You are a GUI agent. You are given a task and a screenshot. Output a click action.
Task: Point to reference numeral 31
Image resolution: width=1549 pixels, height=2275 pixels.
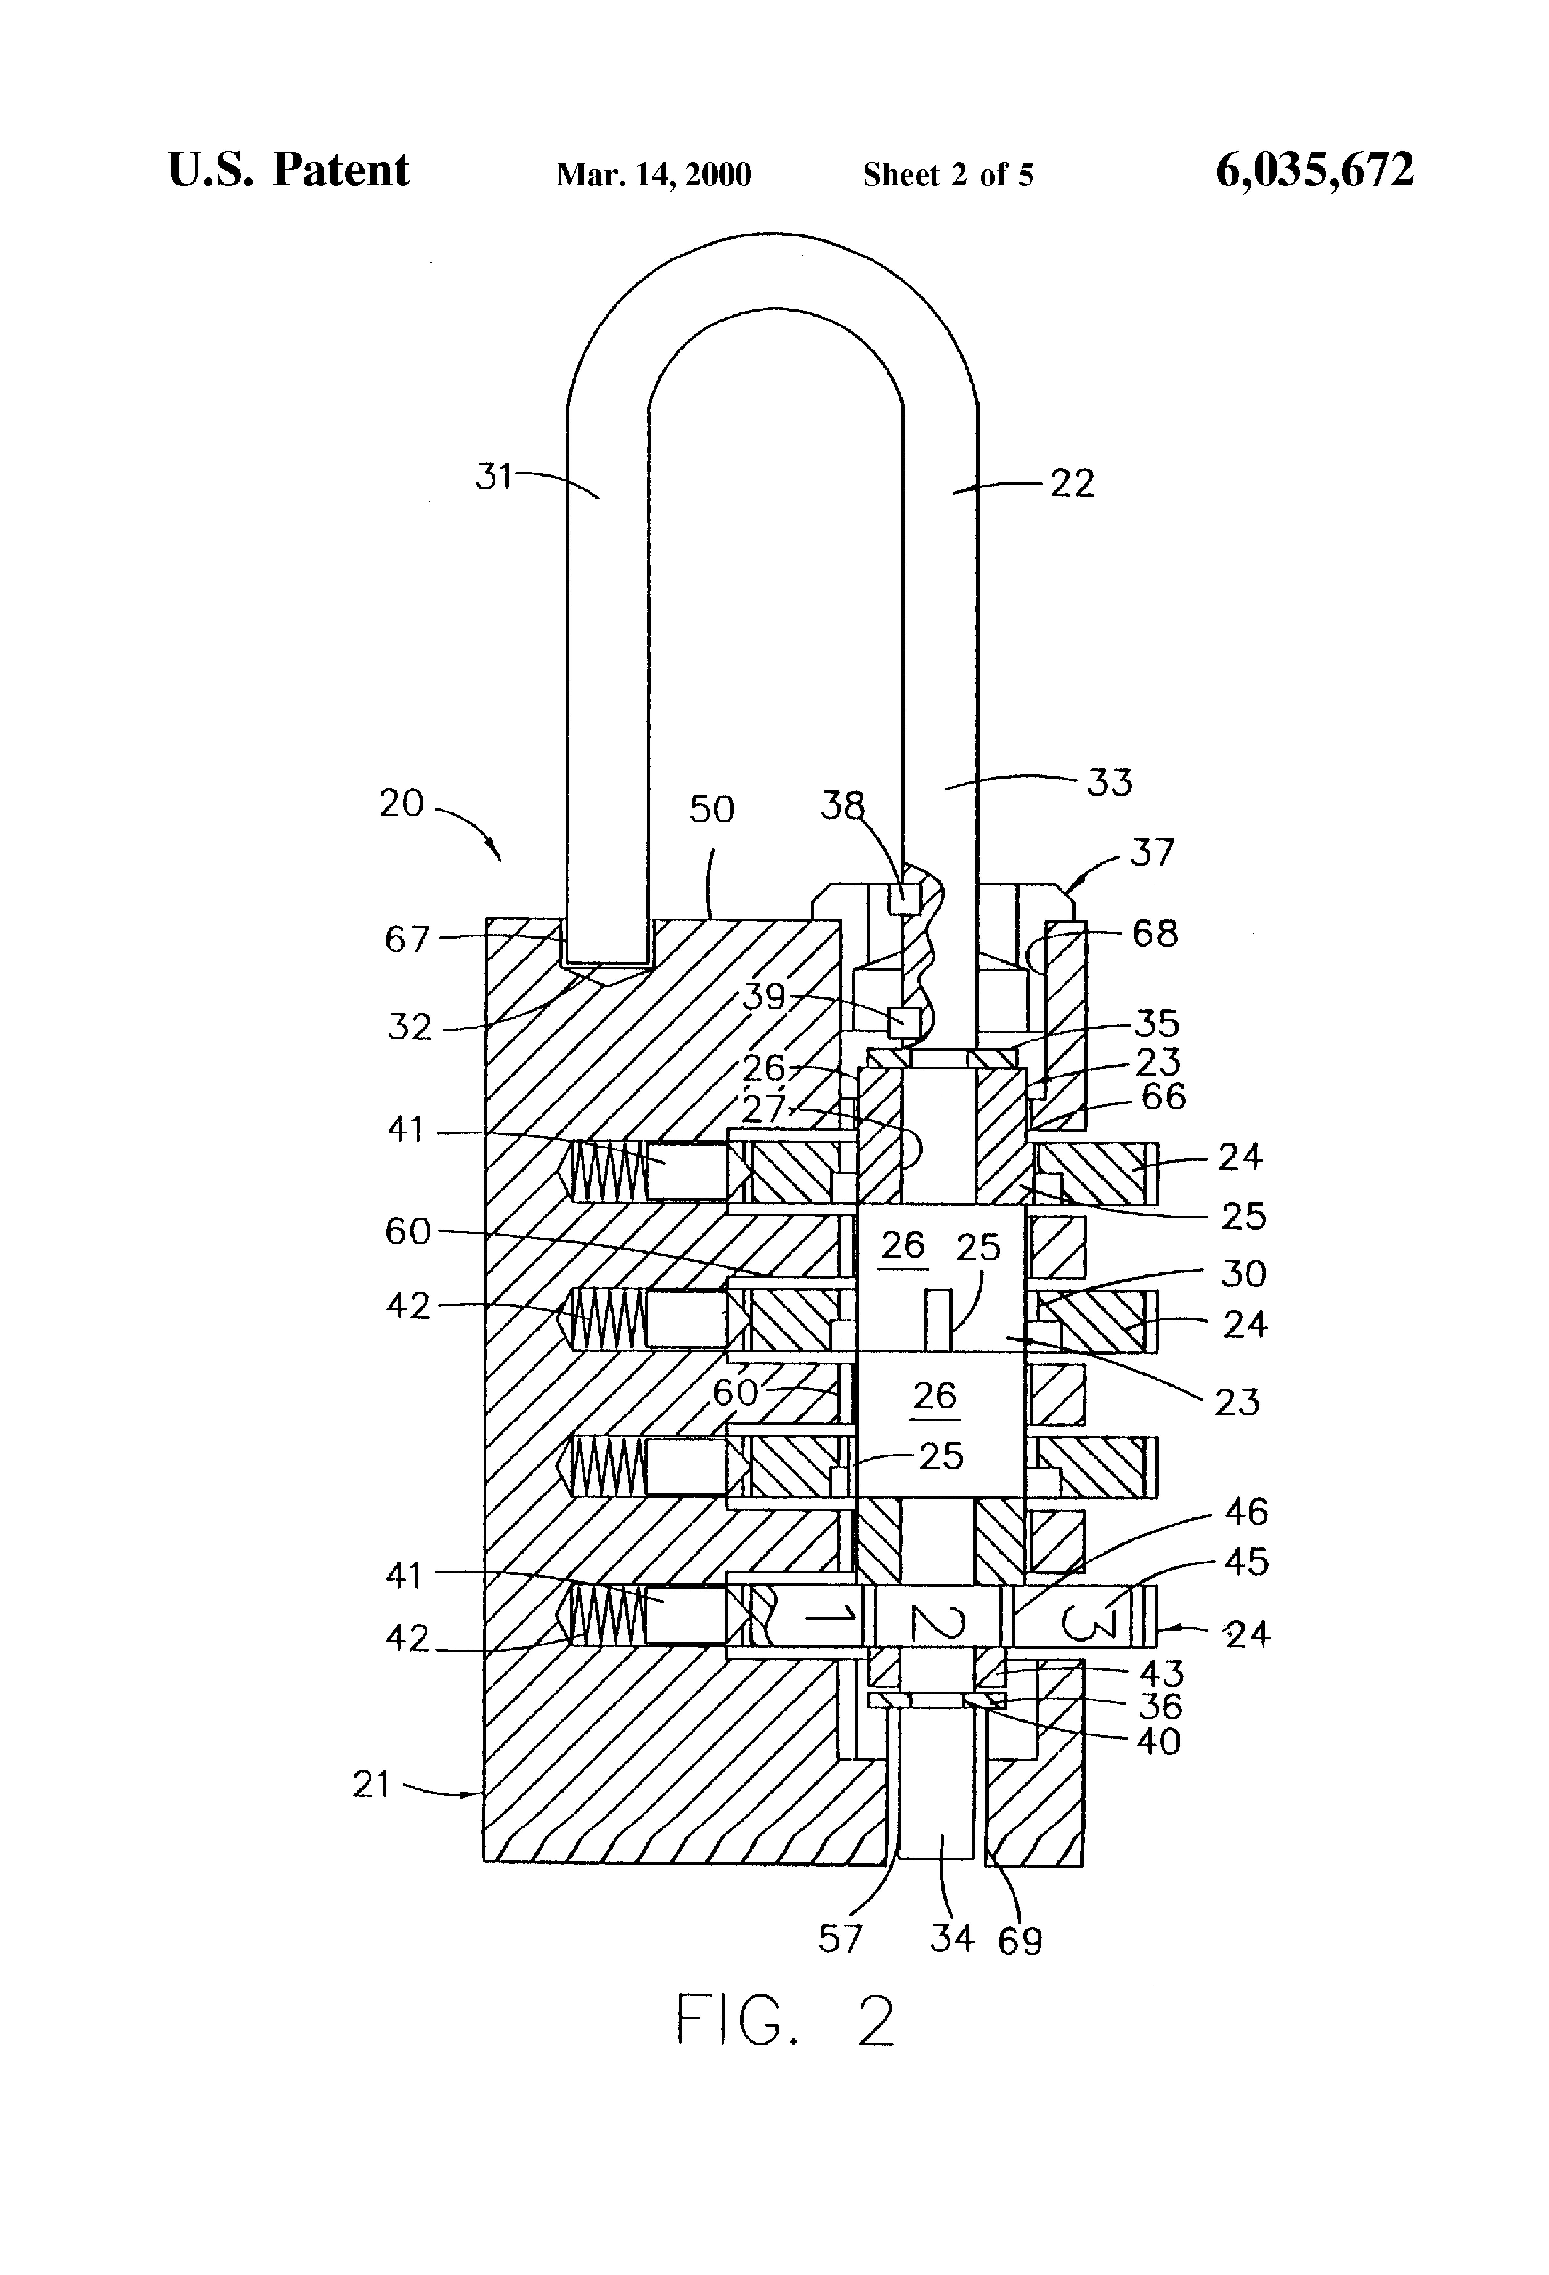(x=494, y=477)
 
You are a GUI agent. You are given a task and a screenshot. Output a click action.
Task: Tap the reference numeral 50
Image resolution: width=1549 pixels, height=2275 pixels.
(x=712, y=810)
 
